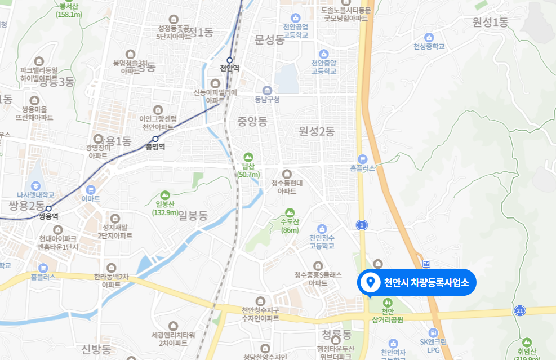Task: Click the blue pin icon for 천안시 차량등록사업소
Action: coord(370,282)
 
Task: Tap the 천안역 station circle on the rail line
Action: coord(229,60)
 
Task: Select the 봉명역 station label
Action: coord(155,147)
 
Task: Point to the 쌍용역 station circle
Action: coord(48,208)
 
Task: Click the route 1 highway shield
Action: coord(362,225)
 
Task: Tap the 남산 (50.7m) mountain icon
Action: coord(247,157)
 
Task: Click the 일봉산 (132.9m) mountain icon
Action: coord(165,194)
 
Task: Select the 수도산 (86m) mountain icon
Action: coord(290,212)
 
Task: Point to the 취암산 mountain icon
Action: coord(527,343)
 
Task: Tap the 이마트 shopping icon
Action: coord(90,189)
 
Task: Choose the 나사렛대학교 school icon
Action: coord(35,185)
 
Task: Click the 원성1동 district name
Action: coord(491,23)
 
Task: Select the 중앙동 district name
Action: coord(252,121)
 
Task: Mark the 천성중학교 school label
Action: coord(429,46)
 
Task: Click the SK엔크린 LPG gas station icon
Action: coord(433,333)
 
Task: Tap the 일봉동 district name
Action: coord(193,216)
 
